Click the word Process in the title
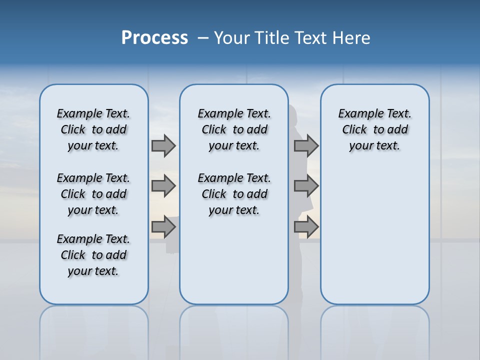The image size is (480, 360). point(154,38)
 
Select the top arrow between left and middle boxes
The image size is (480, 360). point(163,145)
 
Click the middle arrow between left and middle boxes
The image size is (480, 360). point(163,186)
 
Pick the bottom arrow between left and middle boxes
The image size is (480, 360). point(163,227)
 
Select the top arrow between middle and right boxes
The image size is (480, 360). point(306,145)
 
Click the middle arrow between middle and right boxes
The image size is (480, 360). point(306,186)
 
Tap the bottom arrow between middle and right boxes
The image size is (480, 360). point(306,227)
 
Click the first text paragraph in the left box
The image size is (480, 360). point(93,129)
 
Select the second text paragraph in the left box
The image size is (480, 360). point(93,194)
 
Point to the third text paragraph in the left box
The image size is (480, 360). point(93,255)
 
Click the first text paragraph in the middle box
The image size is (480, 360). point(234,129)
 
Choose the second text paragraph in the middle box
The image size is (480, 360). point(234,194)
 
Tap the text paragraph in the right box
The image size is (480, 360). point(375,129)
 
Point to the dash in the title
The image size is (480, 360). point(203,38)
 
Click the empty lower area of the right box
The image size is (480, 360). point(375,240)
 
